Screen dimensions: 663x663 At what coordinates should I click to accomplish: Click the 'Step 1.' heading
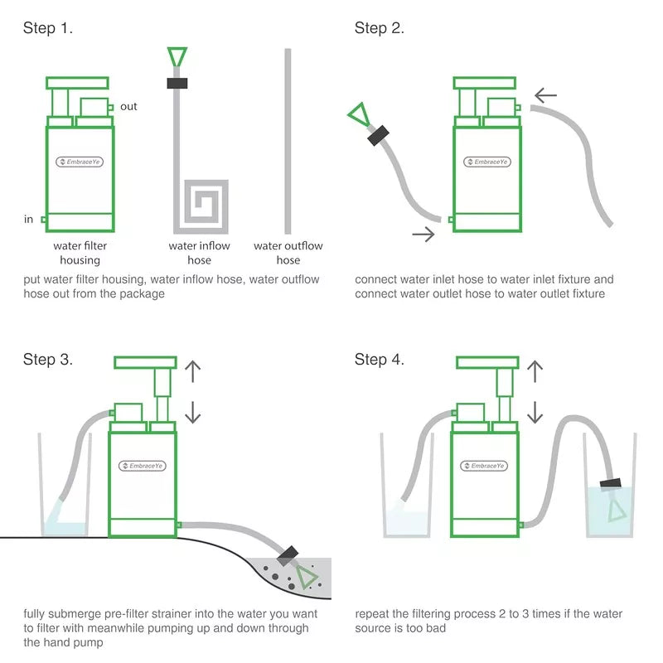click(48, 28)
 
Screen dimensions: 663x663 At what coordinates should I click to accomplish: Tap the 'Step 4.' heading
click(380, 360)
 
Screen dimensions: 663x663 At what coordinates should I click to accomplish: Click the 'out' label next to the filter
click(128, 106)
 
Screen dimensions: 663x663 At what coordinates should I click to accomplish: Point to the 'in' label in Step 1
click(29, 220)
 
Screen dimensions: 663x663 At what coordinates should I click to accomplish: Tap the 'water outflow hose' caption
click(288, 253)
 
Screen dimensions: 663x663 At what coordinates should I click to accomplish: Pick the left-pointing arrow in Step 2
click(545, 94)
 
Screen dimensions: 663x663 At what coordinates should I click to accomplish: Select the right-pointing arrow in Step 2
click(423, 235)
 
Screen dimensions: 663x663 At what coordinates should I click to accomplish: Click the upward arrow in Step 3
click(192, 370)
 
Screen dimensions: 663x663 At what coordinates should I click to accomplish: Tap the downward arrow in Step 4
click(535, 411)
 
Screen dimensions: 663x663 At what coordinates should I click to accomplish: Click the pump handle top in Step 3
click(146, 361)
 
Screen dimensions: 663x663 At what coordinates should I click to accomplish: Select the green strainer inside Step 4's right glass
click(616, 510)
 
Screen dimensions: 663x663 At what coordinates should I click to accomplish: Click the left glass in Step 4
click(406, 489)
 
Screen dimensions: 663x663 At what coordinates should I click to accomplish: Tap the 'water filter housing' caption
click(80, 253)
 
